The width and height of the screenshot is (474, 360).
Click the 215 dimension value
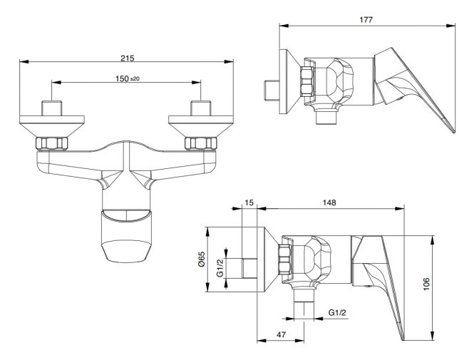(x=128, y=58)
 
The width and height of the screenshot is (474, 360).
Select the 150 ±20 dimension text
(x=128, y=78)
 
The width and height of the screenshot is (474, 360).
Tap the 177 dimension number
(x=366, y=20)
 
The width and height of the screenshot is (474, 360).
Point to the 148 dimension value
(x=329, y=202)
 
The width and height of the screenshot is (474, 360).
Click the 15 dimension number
(x=249, y=202)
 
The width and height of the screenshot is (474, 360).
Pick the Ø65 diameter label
(x=202, y=259)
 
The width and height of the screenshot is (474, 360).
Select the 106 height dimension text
(x=426, y=284)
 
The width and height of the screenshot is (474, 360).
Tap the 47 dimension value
(x=281, y=334)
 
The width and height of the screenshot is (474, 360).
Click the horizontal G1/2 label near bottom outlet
(x=337, y=312)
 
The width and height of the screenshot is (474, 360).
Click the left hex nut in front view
(x=52, y=143)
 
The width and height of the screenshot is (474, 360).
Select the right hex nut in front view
(x=201, y=143)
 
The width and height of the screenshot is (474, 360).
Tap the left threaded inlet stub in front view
(x=52, y=108)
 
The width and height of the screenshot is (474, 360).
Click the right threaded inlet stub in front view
(x=201, y=108)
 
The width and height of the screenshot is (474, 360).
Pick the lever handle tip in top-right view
(x=454, y=132)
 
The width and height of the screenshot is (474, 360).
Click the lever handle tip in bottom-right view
(x=403, y=339)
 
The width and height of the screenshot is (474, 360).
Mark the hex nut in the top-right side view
(x=307, y=81)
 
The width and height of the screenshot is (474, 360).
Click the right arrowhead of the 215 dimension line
(x=229, y=61)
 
